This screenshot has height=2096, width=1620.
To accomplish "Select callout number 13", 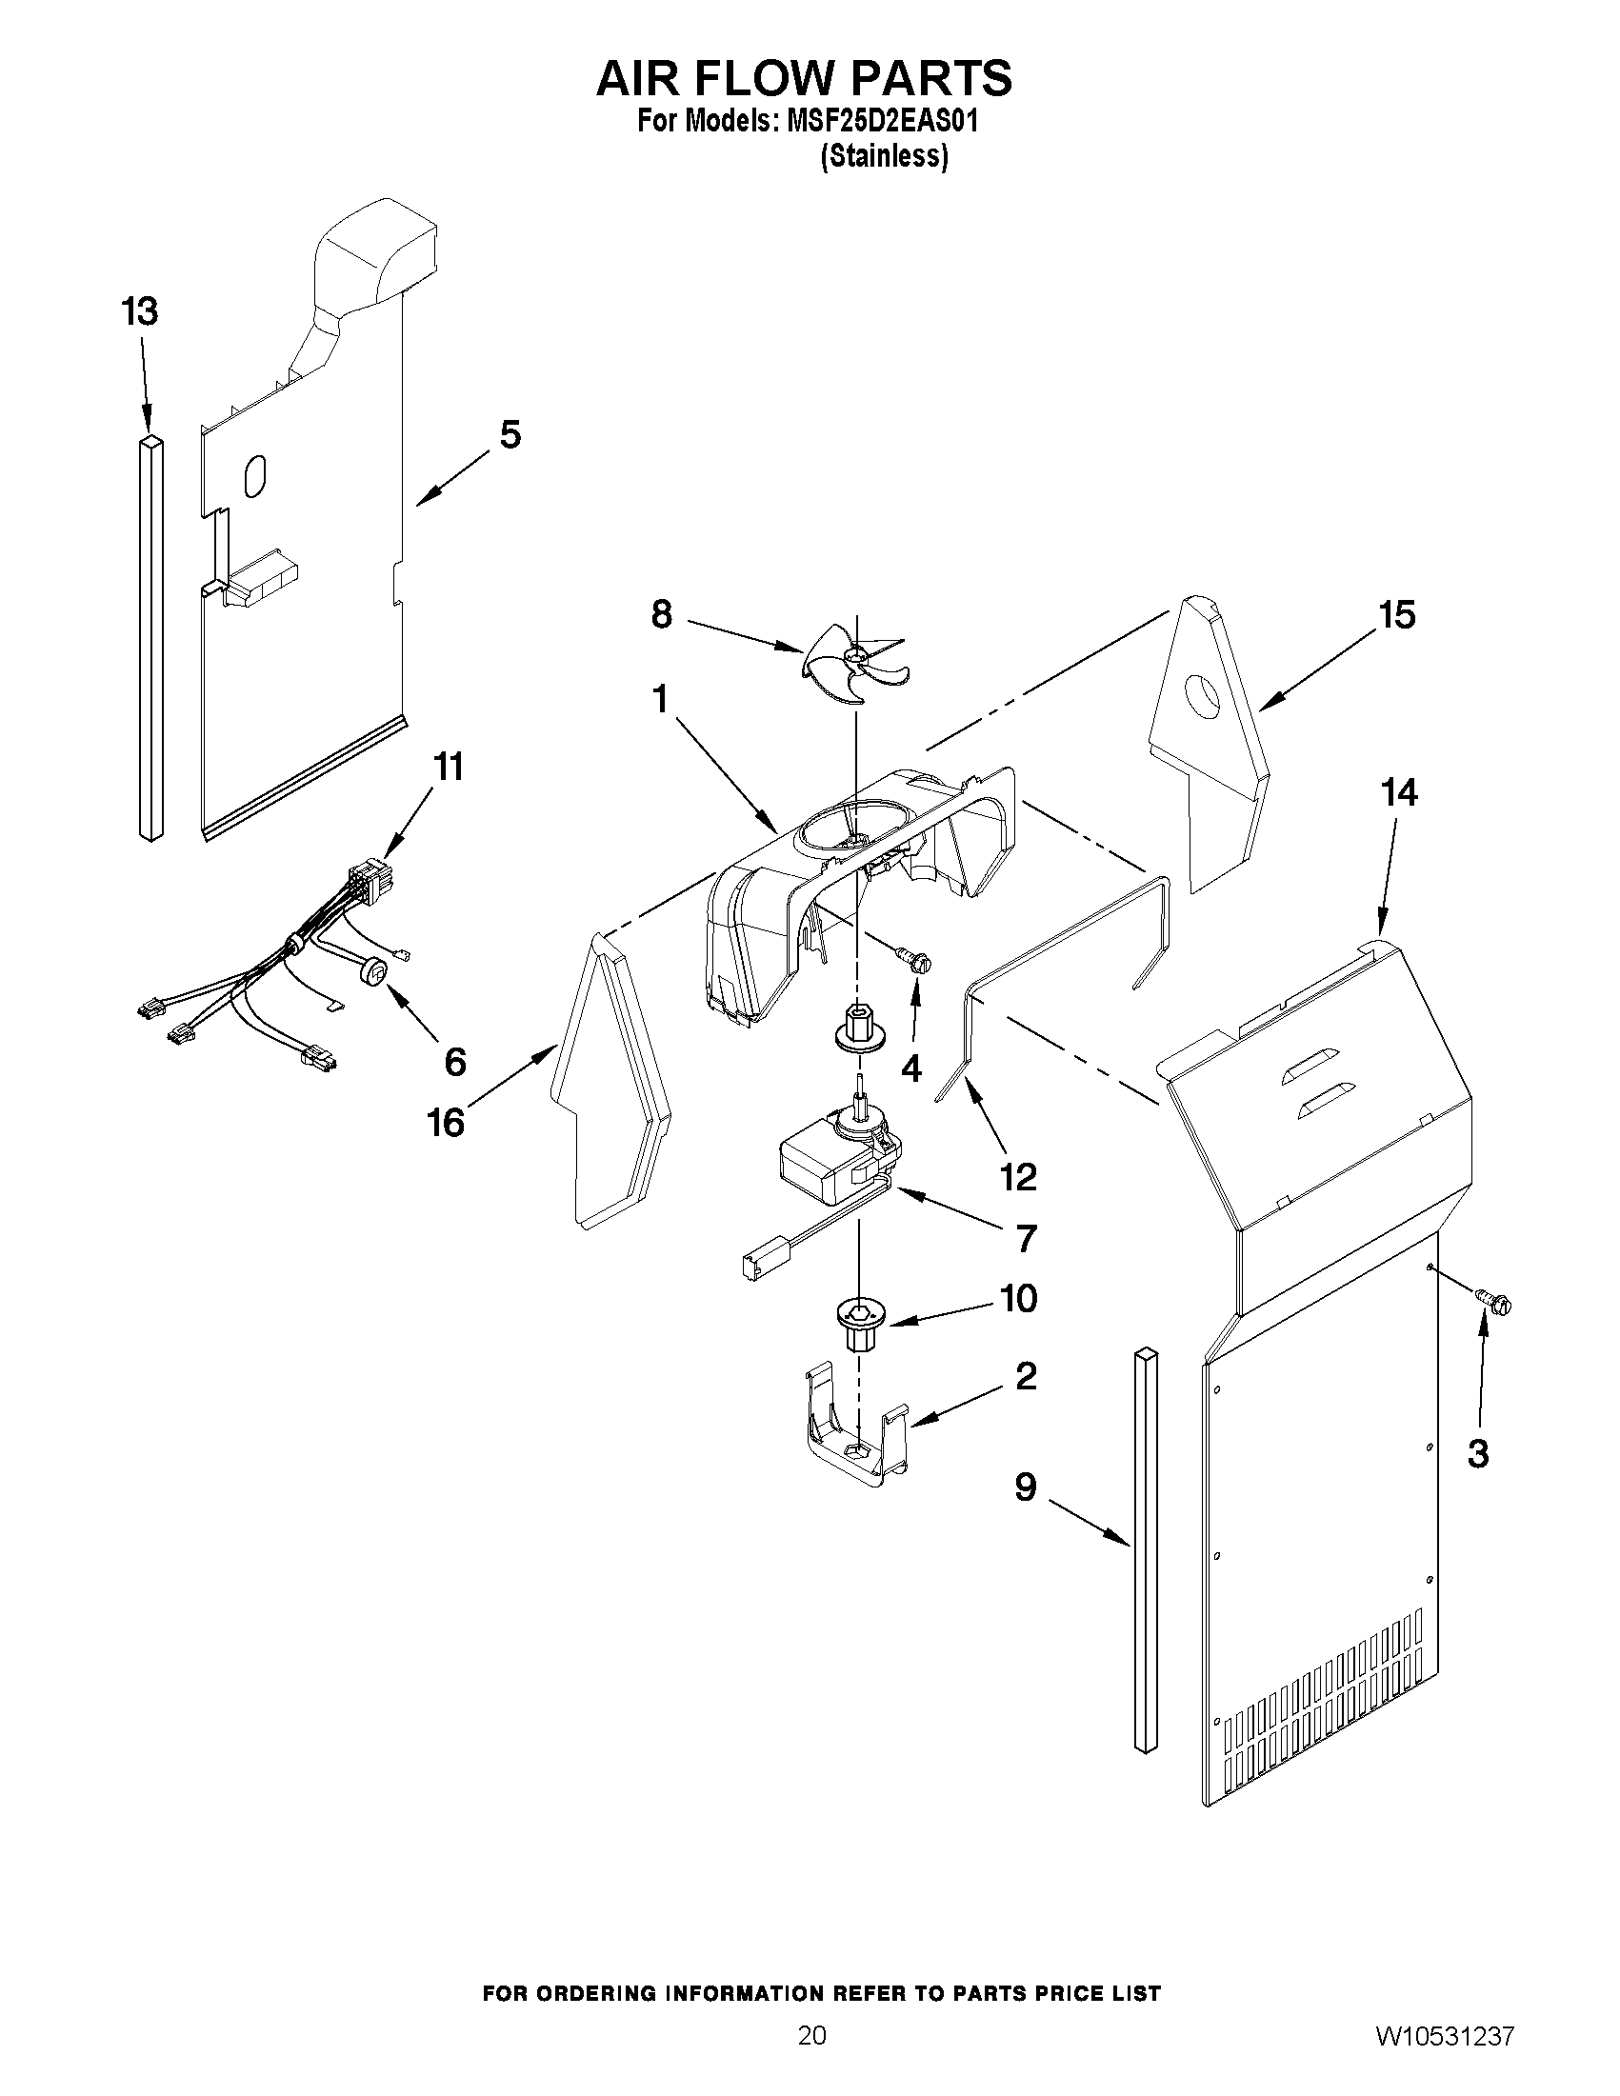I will pyautogui.click(x=140, y=312).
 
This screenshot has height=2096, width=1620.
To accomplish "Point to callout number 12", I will pyautogui.click(x=1019, y=1177).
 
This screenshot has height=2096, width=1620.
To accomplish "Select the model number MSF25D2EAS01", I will pyautogui.click(x=883, y=123).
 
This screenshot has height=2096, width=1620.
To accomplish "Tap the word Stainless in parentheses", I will pyautogui.click(x=884, y=155).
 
